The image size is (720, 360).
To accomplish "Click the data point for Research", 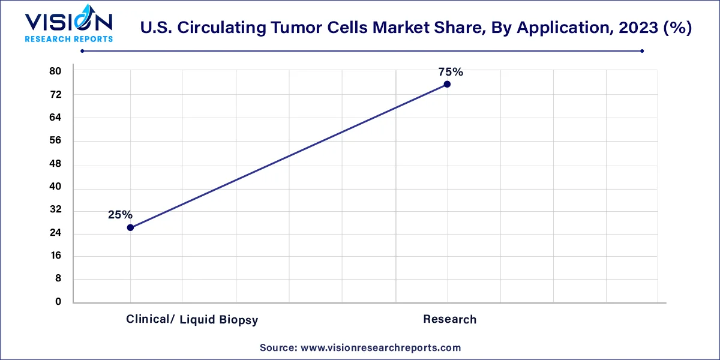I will pyautogui.click(x=447, y=84).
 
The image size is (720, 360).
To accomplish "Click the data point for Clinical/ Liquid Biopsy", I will pyautogui.click(x=130, y=227).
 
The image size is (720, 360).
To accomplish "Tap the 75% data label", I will pyautogui.click(x=450, y=72).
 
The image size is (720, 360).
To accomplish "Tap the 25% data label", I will pyautogui.click(x=120, y=214).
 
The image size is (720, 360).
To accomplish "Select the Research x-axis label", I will pyautogui.click(x=449, y=319).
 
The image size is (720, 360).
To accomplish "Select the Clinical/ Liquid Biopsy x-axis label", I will pyautogui.click(x=192, y=319).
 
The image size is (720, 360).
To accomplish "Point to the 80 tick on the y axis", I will pyautogui.click(x=55, y=71).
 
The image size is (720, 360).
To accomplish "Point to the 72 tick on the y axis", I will pyautogui.click(x=55, y=95).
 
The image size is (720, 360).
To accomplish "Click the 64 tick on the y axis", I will pyautogui.click(x=55, y=118).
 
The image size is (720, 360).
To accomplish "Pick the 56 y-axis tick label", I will pyautogui.click(x=55, y=141).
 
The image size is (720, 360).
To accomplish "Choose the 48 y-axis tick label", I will pyautogui.click(x=55, y=164).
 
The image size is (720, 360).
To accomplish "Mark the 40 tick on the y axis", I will pyautogui.click(x=55, y=187).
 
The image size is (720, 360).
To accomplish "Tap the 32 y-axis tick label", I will pyautogui.click(x=55, y=210).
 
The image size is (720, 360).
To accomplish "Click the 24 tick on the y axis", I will pyautogui.click(x=55, y=233).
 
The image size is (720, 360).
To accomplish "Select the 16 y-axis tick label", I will pyautogui.click(x=55, y=256).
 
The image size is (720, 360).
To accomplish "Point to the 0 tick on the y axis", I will pyautogui.click(x=58, y=302).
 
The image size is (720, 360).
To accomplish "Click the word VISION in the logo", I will pyautogui.click(x=68, y=22).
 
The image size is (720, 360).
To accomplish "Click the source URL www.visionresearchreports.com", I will pyautogui.click(x=380, y=347).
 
